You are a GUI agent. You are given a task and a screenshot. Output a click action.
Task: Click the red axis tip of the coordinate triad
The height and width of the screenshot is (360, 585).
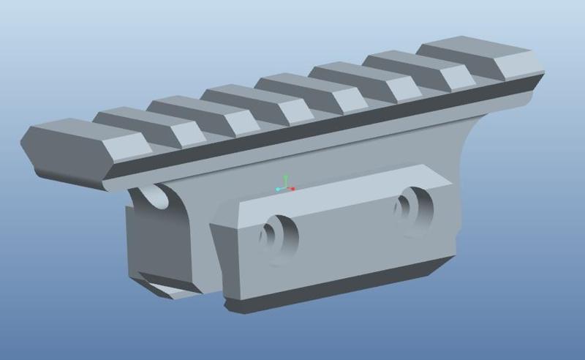[x=292, y=189]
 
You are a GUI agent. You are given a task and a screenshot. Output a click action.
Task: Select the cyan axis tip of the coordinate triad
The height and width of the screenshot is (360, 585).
[x=278, y=190]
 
